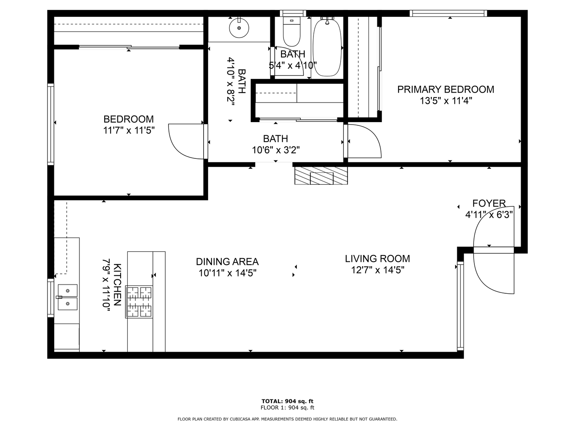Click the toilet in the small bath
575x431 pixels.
coord(291,32)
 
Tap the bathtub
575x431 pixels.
coord(327,47)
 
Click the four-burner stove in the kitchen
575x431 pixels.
coord(139,302)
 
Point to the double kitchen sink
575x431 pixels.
coord(67,297)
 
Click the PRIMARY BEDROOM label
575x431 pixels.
coord(446,89)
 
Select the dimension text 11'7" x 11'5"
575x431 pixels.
coord(129,130)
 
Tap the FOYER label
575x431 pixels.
coord(489,204)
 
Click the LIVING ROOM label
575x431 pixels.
coord(377,259)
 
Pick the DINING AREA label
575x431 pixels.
coord(227,262)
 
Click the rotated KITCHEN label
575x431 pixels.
coord(117,284)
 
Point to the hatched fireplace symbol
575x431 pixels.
coord(321,176)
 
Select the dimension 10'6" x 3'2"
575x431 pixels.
coord(276,150)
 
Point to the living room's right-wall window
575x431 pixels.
coord(460,306)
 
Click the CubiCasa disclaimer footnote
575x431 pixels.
coord(287,419)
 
